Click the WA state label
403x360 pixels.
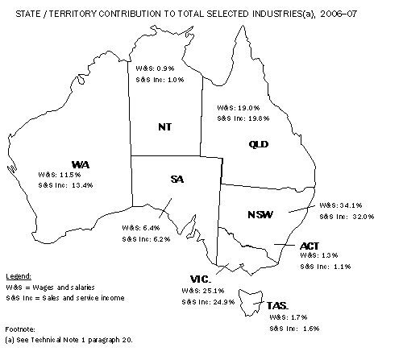(x=77, y=164)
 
